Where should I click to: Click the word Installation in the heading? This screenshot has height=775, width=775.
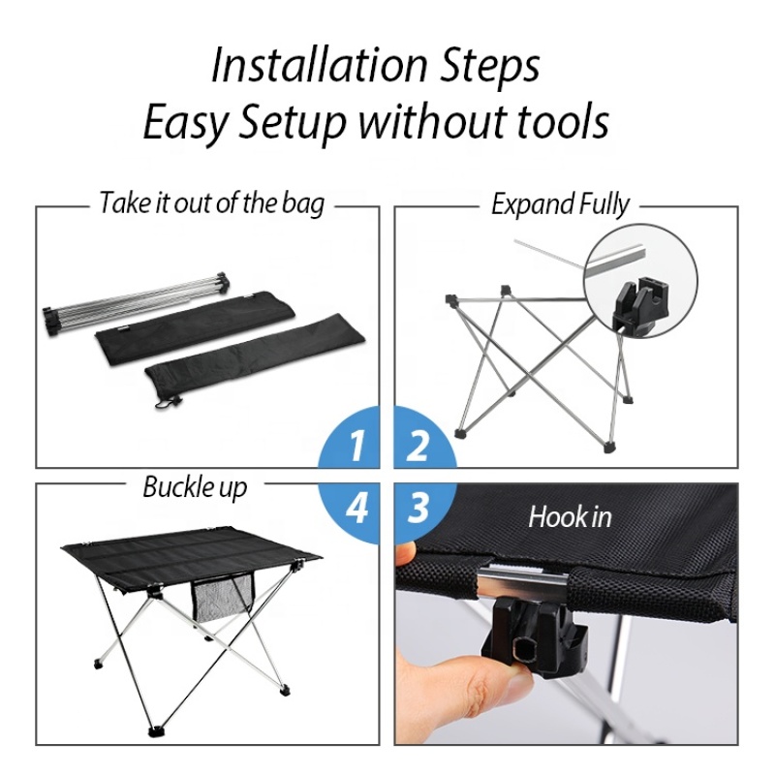point(319,66)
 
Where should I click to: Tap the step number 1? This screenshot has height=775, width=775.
point(356,446)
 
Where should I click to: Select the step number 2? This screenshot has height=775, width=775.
point(418,446)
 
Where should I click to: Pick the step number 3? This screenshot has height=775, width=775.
point(418,507)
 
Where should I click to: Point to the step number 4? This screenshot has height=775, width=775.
point(356,507)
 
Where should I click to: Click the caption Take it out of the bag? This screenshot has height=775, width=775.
point(212,203)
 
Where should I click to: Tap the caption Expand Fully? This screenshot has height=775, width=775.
point(560,204)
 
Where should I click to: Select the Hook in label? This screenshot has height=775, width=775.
point(570,517)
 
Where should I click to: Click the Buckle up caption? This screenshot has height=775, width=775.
point(195,488)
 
